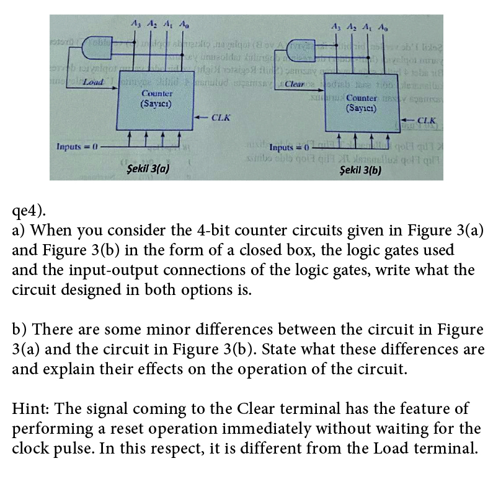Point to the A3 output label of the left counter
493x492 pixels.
tap(136, 25)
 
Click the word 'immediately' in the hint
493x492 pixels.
tap(297, 428)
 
